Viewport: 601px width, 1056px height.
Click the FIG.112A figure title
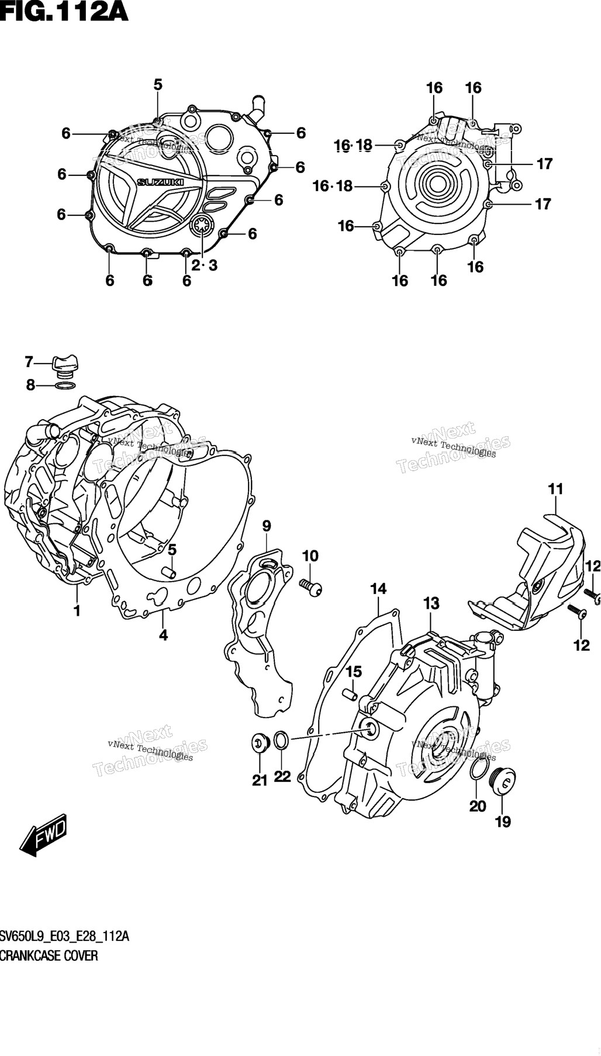[64, 12]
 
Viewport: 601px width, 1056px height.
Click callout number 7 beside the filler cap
[29, 362]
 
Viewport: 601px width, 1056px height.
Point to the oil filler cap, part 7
[64, 364]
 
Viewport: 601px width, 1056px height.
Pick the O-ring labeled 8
[64, 385]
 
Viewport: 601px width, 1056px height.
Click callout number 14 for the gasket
[378, 589]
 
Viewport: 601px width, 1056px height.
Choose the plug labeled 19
[504, 780]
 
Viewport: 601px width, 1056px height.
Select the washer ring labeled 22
[281, 740]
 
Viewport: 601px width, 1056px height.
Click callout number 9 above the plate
[267, 526]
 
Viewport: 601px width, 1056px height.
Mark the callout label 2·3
[204, 265]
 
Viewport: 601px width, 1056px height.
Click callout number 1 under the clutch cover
[77, 611]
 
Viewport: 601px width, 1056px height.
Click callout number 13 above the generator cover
[431, 603]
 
